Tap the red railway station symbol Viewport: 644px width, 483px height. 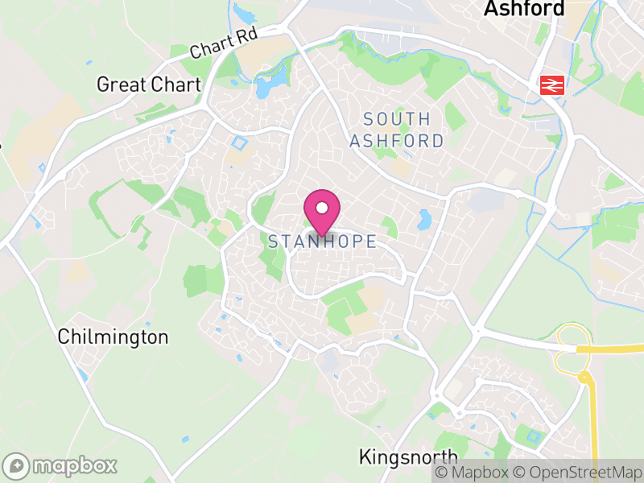point(551,84)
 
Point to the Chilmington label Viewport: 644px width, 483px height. point(113,337)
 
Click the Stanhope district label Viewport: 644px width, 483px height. point(322,242)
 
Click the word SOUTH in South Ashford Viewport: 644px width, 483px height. point(397,119)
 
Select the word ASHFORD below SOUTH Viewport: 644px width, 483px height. point(397,141)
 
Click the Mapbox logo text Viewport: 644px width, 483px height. point(75,465)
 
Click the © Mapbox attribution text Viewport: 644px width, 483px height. point(475,473)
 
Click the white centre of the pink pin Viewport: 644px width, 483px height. point(322,208)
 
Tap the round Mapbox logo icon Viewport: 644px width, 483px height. point(16,465)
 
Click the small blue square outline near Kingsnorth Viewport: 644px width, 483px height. point(532,437)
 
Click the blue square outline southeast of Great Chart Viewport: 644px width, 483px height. point(238,143)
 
